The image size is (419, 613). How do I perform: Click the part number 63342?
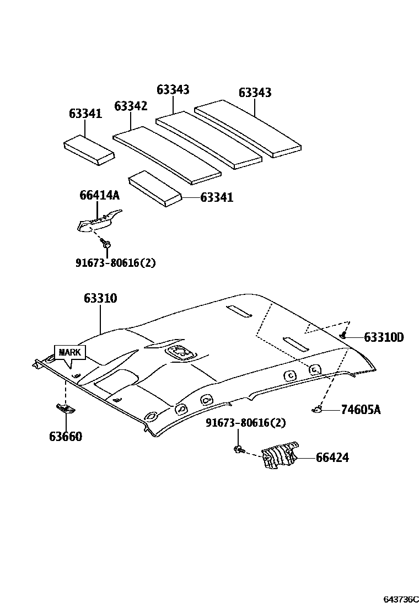point(131,106)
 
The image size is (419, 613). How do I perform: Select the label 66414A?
point(99,195)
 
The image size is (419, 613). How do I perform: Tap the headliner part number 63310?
point(100,298)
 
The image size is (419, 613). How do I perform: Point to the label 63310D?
point(383,337)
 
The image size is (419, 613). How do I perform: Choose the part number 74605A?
point(361,409)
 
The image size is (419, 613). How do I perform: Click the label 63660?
point(65,437)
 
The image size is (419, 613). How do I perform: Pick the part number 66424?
point(332,458)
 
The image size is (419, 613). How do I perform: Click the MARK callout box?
point(69,352)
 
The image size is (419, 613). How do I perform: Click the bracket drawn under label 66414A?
point(98,222)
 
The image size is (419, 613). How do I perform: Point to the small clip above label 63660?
point(65,408)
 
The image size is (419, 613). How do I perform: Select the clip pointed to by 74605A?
point(316,409)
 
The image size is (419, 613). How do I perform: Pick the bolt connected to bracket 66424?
point(238,449)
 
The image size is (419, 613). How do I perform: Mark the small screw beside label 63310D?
point(343,335)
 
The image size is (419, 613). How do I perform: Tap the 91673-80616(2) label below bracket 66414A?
point(115,263)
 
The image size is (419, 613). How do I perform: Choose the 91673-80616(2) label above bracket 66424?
point(245,423)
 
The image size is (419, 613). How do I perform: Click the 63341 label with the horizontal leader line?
point(217,197)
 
